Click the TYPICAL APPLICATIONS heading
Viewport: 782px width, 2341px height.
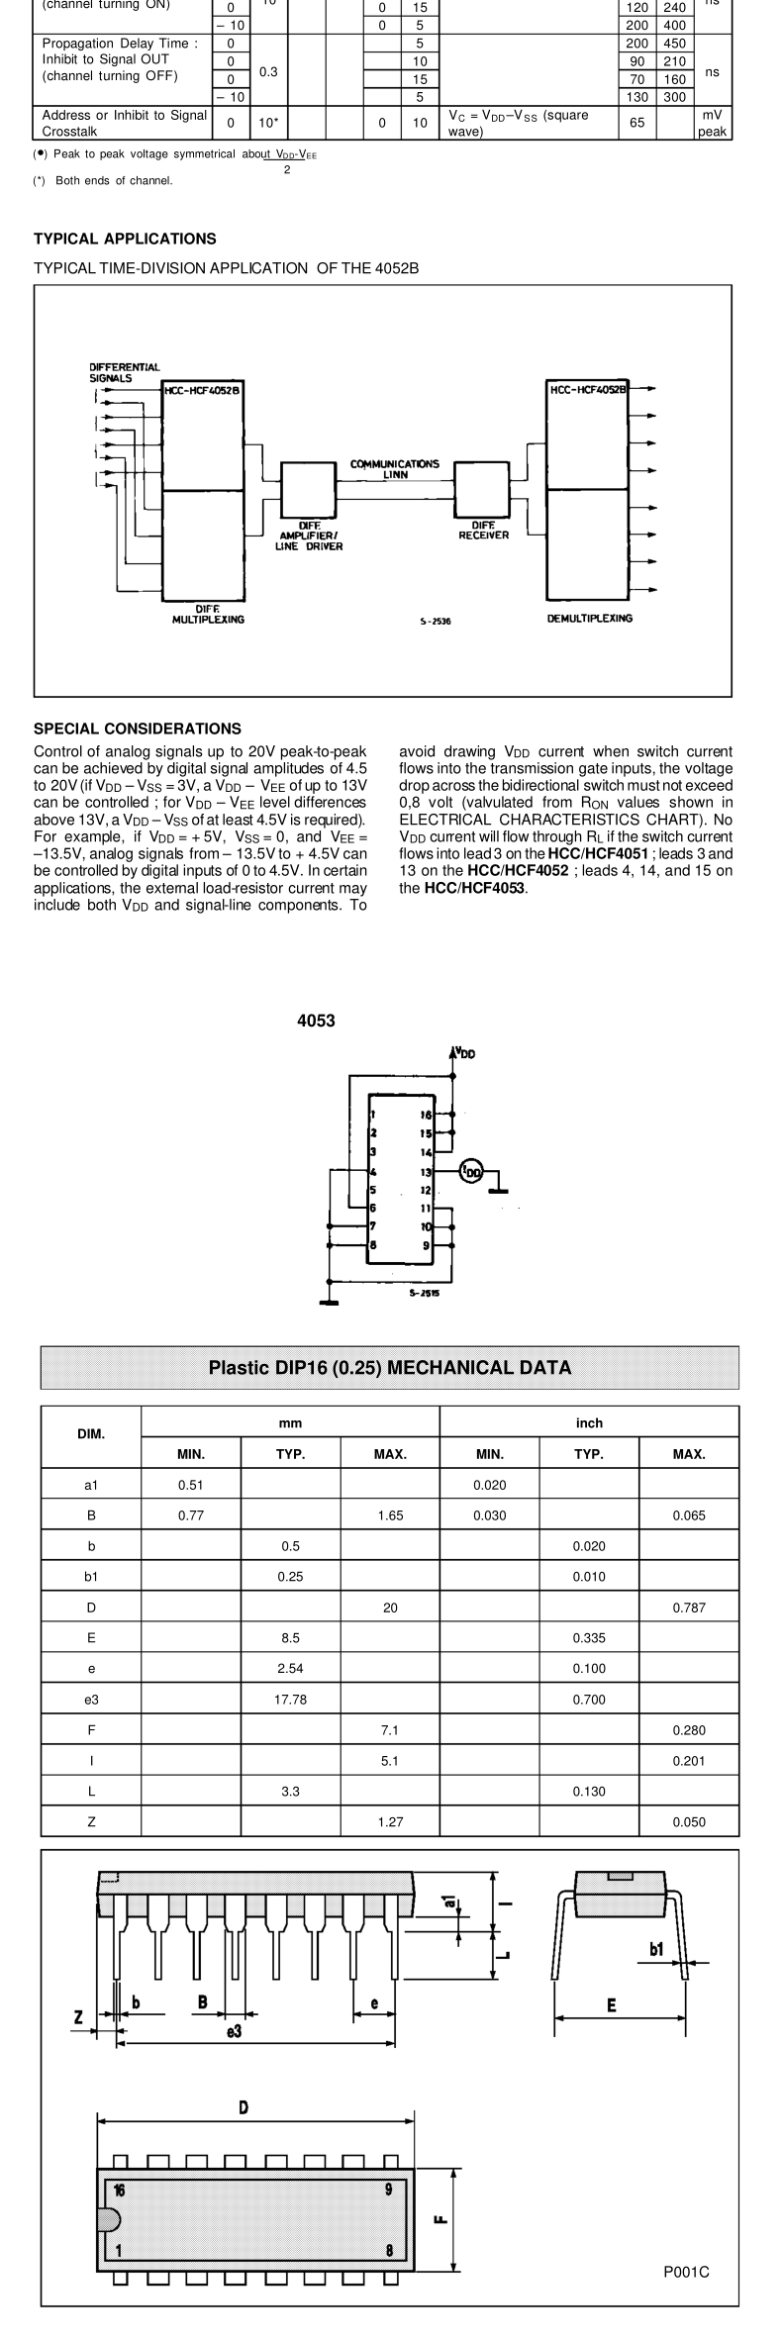coord(125,239)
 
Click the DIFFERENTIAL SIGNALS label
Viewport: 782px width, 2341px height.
coord(124,372)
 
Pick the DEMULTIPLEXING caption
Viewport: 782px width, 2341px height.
coord(590,619)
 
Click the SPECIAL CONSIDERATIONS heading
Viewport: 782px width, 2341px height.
coord(137,729)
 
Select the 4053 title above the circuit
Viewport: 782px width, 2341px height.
coord(316,1022)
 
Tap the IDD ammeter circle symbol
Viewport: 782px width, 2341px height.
coord(472,1171)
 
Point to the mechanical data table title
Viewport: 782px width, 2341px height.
coord(389,1368)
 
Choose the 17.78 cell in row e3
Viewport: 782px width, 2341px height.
coord(290,1700)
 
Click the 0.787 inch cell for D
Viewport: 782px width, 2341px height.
coord(688,1608)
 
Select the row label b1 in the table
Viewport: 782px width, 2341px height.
coord(91,1577)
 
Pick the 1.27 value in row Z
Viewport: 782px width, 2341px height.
coord(390,1822)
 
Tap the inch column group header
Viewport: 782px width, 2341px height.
coord(589,1422)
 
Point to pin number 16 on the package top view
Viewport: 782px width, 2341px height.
coord(119,2189)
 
